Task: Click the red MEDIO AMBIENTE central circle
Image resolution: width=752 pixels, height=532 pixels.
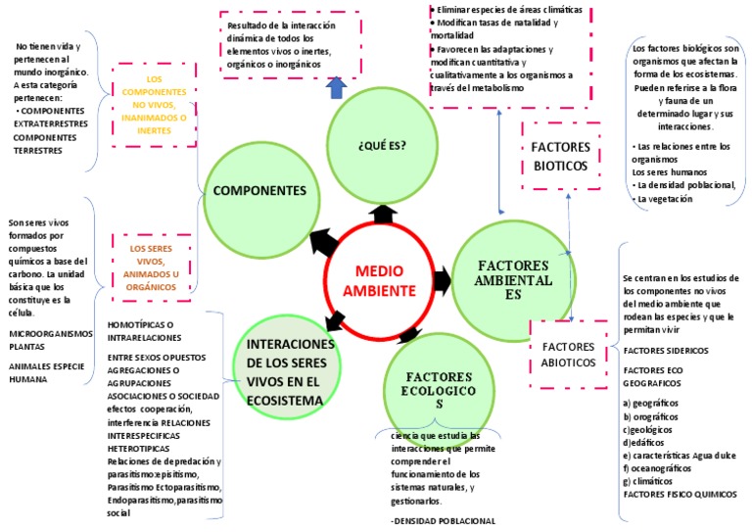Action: [x=385, y=280]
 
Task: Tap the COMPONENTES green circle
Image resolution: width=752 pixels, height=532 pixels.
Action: [x=259, y=191]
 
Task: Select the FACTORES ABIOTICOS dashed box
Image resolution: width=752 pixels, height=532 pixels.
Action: [x=568, y=355]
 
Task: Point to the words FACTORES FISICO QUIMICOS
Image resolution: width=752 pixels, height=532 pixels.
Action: [x=680, y=493]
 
